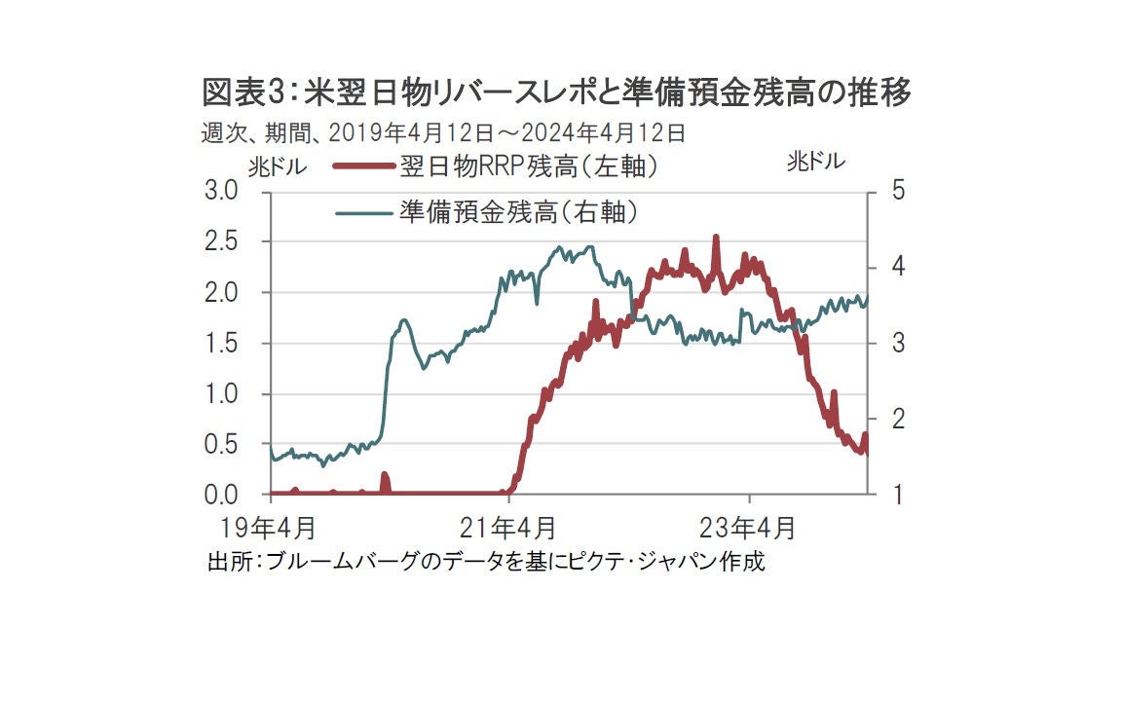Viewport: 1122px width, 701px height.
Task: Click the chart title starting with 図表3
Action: click(556, 93)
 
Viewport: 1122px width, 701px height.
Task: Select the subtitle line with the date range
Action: click(444, 132)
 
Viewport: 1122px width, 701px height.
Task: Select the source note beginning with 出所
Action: click(486, 562)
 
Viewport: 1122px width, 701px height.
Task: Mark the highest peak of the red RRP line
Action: click(716, 237)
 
